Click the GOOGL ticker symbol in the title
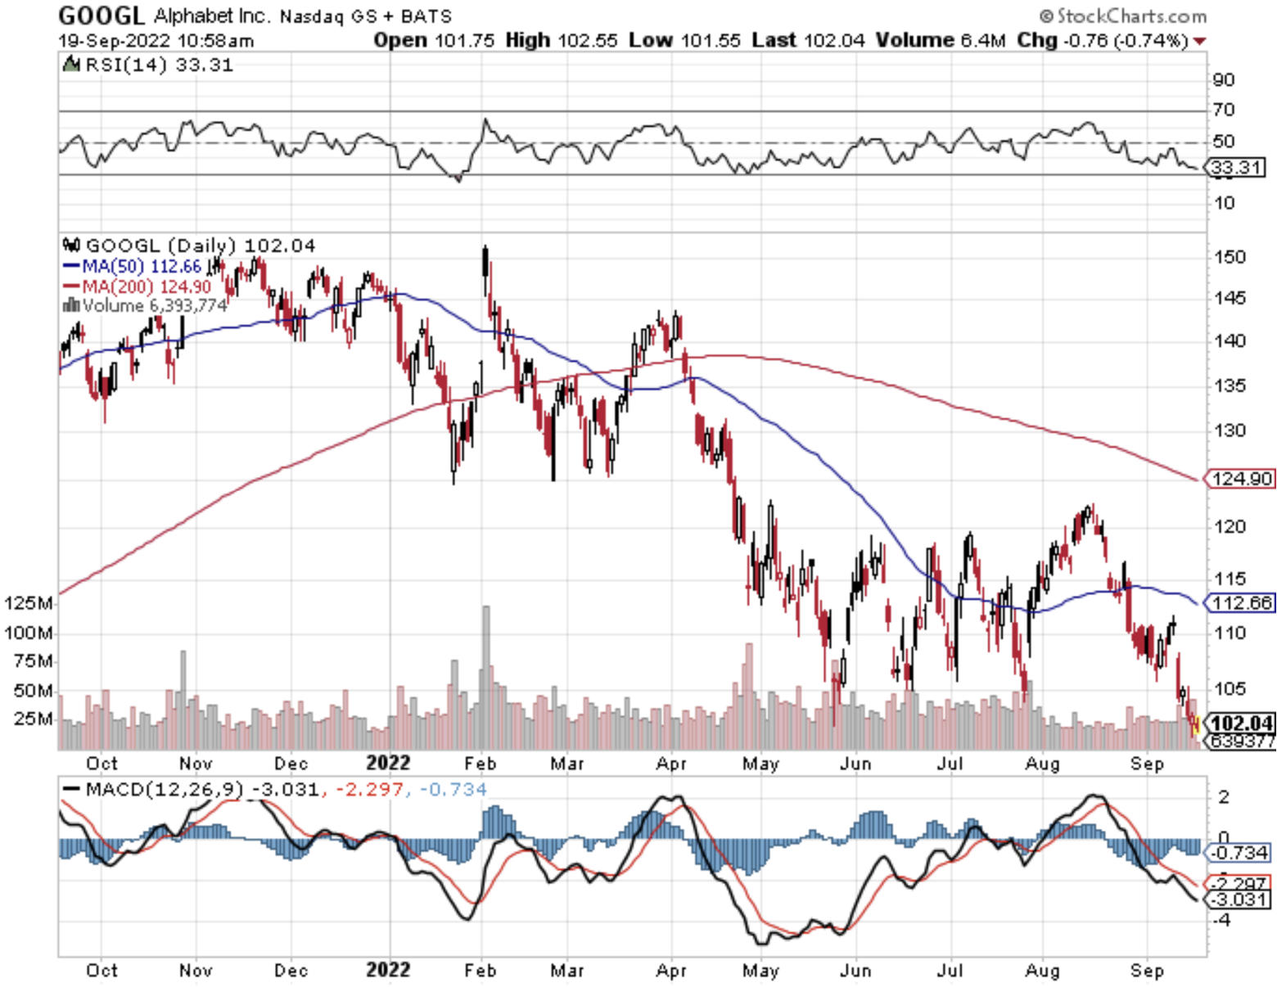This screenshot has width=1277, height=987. (x=101, y=16)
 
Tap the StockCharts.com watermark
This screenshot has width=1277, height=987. (x=1123, y=16)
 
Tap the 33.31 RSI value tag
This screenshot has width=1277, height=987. (x=1237, y=168)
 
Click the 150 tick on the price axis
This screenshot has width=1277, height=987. (x=1230, y=257)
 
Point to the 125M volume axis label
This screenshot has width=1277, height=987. (x=28, y=603)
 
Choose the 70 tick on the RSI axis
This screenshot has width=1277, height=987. (x=1224, y=110)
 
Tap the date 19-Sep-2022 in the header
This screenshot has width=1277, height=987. (x=114, y=40)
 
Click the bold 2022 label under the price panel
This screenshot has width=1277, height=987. (x=388, y=763)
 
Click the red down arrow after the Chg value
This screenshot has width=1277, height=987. (x=1200, y=41)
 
